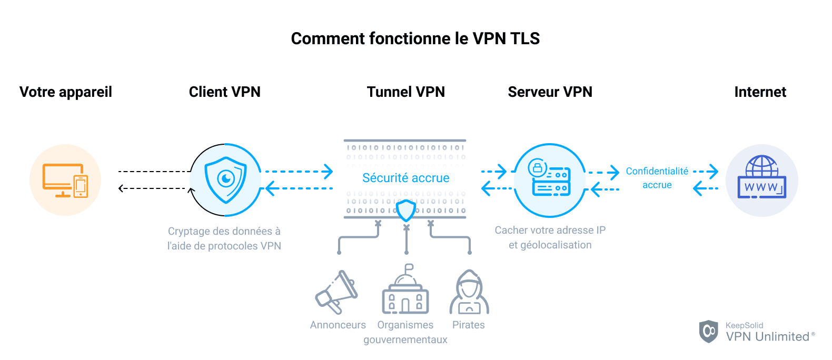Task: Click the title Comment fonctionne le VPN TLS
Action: pyautogui.click(x=415, y=38)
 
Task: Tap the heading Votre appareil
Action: pyautogui.click(x=66, y=92)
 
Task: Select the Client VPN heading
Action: pyautogui.click(x=224, y=92)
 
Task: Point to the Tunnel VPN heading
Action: pyautogui.click(x=405, y=92)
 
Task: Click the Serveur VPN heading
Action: pyautogui.click(x=550, y=92)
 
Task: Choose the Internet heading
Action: pyautogui.click(x=760, y=92)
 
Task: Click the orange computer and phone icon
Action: pyautogui.click(x=65, y=180)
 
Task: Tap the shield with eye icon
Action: pyautogui.click(x=226, y=180)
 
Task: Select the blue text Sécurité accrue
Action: pyautogui.click(x=405, y=178)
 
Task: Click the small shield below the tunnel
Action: pyautogui.click(x=406, y=211)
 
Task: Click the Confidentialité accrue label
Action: pyautogui.click(x=657, y=178)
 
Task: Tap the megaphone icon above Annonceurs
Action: pyautogui.click(x=336, y=293)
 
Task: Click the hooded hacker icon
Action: pyautogui.click(x=469, y=293)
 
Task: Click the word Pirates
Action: pyautogui.click(x=468, y=325)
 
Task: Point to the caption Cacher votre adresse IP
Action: pyautogui.click(x=550, y=231)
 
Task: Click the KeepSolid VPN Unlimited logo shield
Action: pyautogui.click(x=708, y=331)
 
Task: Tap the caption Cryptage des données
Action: pyautogui.click(x=224, y=232)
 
